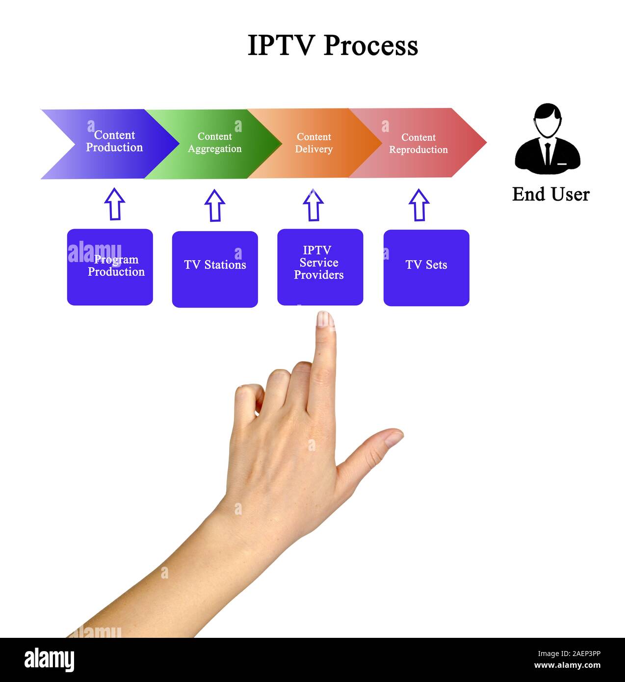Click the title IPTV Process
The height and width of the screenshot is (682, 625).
click(x=333, y=46)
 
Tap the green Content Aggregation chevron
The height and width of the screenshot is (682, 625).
click(x=214, y=143)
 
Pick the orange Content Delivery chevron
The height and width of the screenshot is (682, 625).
click(x=314, y=143)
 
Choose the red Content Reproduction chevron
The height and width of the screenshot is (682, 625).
click(x=418, y=143)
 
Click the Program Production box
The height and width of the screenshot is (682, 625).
click(x=110, y=267)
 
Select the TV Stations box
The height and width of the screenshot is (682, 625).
click(x=215, y=269)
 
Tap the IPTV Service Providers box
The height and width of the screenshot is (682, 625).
click(x=320, y=267)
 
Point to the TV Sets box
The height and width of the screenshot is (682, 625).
click(x=426, y=268)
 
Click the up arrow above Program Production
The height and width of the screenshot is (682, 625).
click(x=114, y=204)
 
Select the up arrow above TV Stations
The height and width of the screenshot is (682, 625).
click(x=214, y=206)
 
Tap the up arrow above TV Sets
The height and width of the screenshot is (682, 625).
click(x=418, y=205)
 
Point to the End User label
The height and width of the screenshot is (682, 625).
click(x=550, y=194)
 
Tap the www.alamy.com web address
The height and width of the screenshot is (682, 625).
click(x=567, y=666)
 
